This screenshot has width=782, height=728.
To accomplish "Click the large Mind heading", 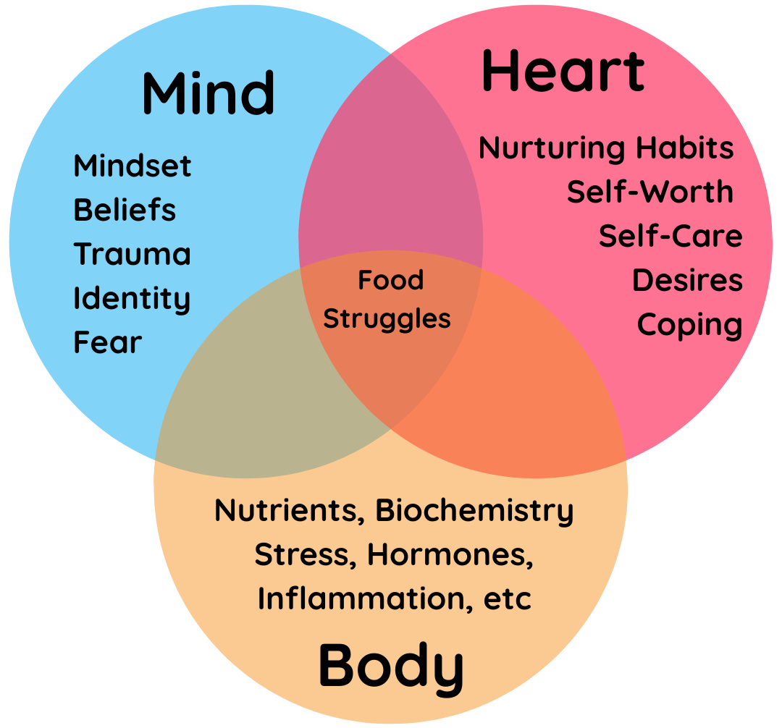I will (x=209, y=93).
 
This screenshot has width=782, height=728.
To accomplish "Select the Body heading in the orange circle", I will (x=391, y=666).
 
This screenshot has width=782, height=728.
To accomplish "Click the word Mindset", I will (x=133, y=166).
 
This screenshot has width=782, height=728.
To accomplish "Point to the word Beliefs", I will (x=125, y=211).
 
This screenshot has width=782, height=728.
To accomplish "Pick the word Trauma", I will (x=132, y=255).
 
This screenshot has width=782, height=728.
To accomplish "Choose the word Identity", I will (x=132, y=299).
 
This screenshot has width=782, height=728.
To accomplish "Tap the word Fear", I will (x=108, y=342).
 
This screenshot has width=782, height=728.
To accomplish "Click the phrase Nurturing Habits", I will (x=606, y=148).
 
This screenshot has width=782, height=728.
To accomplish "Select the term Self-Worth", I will (x=649, y=192).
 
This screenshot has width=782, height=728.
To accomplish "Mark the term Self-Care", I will (x=670, y=237).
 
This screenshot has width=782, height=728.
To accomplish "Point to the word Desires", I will (x=687, y=281).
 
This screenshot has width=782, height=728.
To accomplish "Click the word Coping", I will (x=689, y=325).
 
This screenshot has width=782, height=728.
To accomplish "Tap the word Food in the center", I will (x=391, y=280).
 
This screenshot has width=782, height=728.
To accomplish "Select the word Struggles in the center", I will (x=387, y=319).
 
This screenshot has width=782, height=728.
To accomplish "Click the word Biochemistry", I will (x=474, y=511).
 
